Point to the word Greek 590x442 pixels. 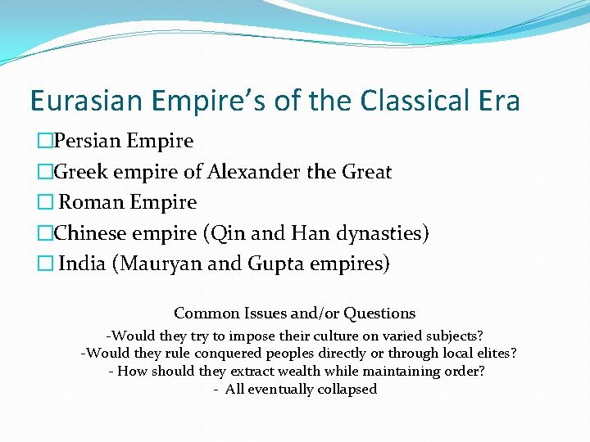coord(79,172)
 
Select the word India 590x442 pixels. coord(82,264)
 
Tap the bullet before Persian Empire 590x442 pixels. coord(44,142)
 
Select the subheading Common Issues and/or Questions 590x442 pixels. coord(295,313)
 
